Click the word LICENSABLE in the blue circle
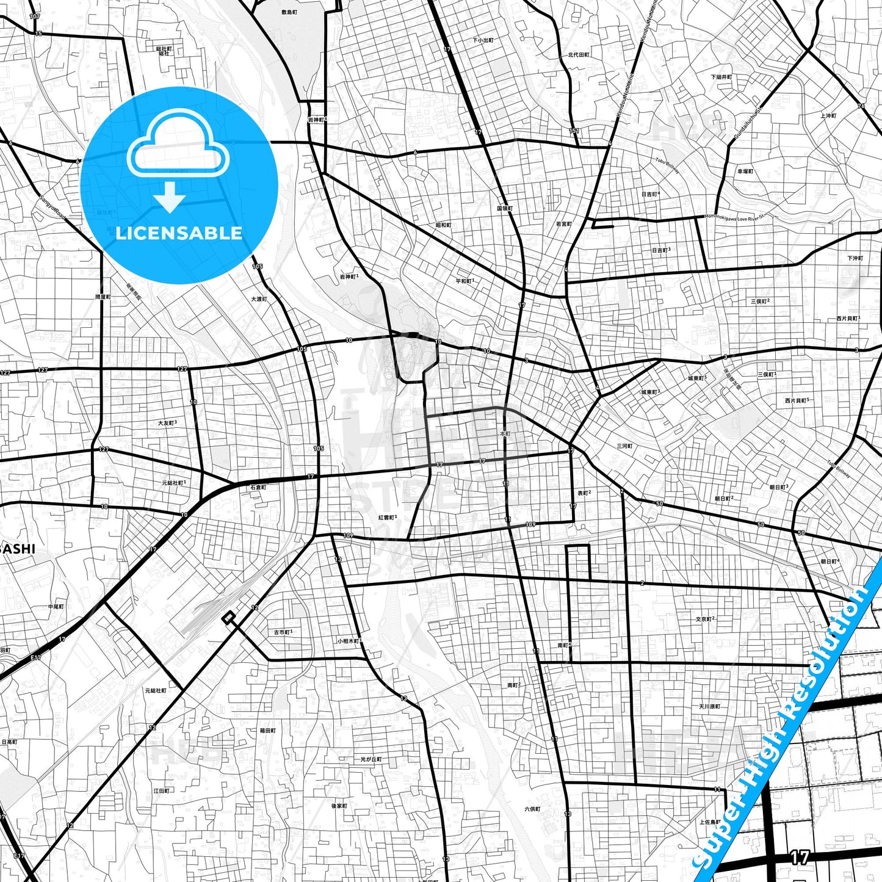(179, 233)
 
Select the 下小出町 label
(483, 40)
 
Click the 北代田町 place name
(579, 55)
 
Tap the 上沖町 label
(828, 116)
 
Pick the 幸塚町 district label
(745, 172)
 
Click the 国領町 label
(504, 209)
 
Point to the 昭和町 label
(443, 225)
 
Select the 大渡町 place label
(259, 299)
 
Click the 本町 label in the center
(504, 434)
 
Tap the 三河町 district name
(624, 446)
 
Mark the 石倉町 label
(258, 488)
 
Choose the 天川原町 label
(710, 707)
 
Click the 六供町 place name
(532, 809)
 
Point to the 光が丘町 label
(371, 759)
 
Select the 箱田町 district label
(267, 731)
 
